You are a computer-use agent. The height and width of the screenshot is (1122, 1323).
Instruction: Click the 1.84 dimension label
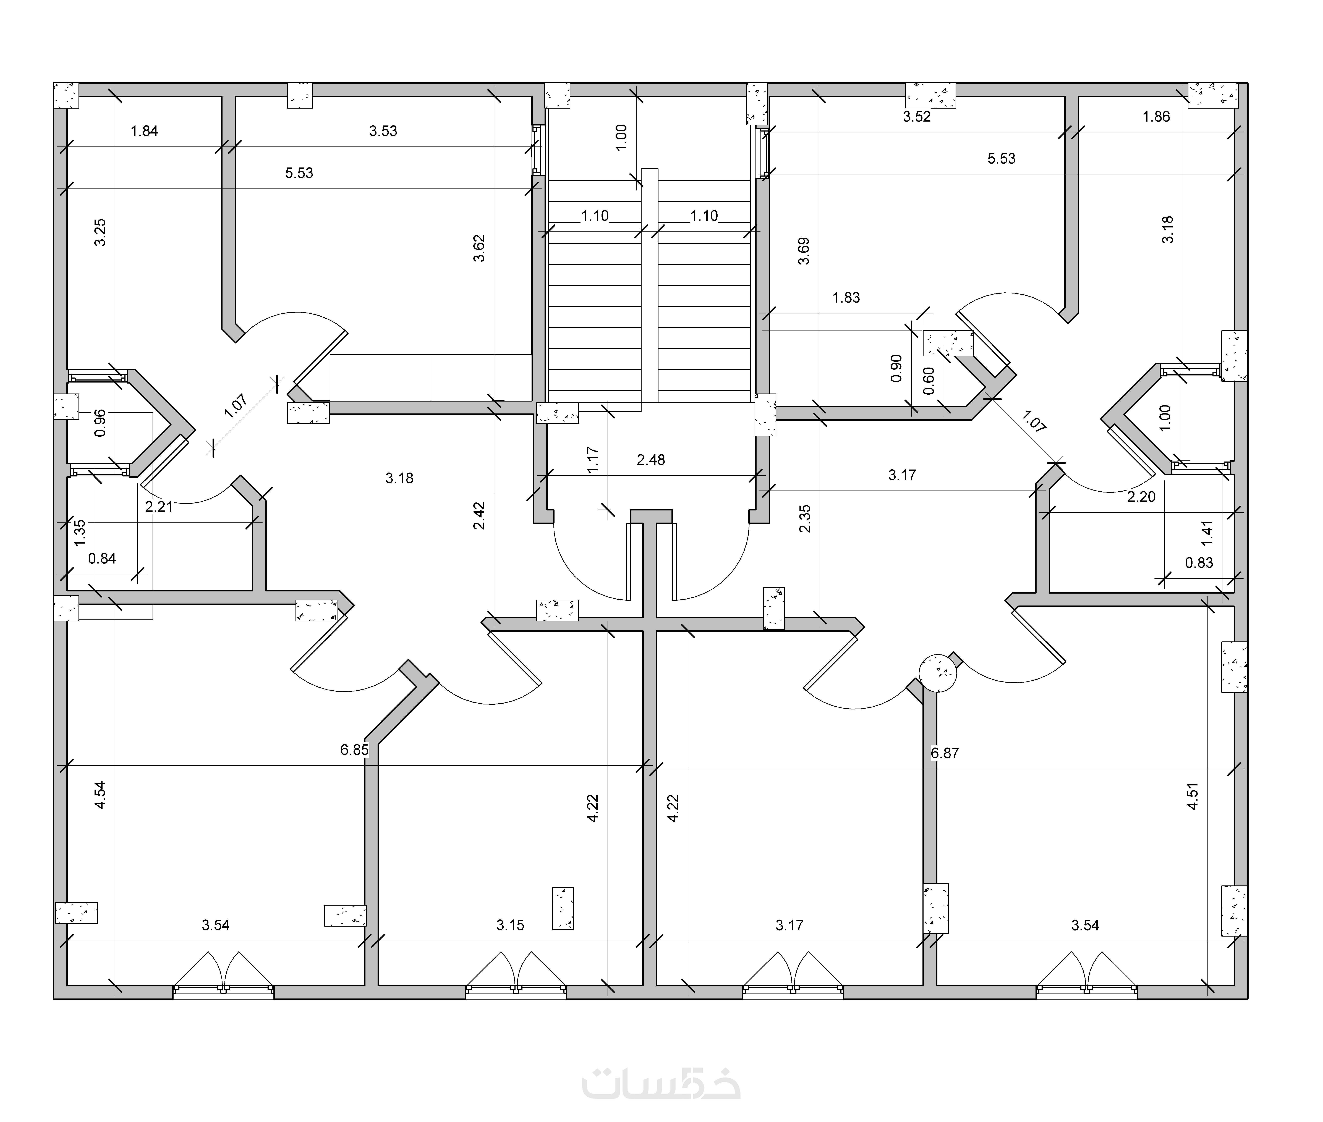click(x=144, y=131)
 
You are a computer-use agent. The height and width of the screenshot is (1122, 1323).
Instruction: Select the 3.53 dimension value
click(x=383, y=131)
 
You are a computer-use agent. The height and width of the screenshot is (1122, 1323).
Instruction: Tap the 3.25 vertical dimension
click(x=100, y=233)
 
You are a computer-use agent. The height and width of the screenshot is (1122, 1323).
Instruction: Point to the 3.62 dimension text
click(x=479, y=248)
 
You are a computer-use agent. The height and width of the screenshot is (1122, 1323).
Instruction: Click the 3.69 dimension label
click(x=804, y=251)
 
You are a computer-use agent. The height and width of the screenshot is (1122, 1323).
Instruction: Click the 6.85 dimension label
click(x=354, y=750)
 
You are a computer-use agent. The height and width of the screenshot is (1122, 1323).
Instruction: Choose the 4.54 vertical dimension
click(x=100, y=795)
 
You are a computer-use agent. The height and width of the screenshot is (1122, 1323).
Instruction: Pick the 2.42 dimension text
click(x=479, y=516)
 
